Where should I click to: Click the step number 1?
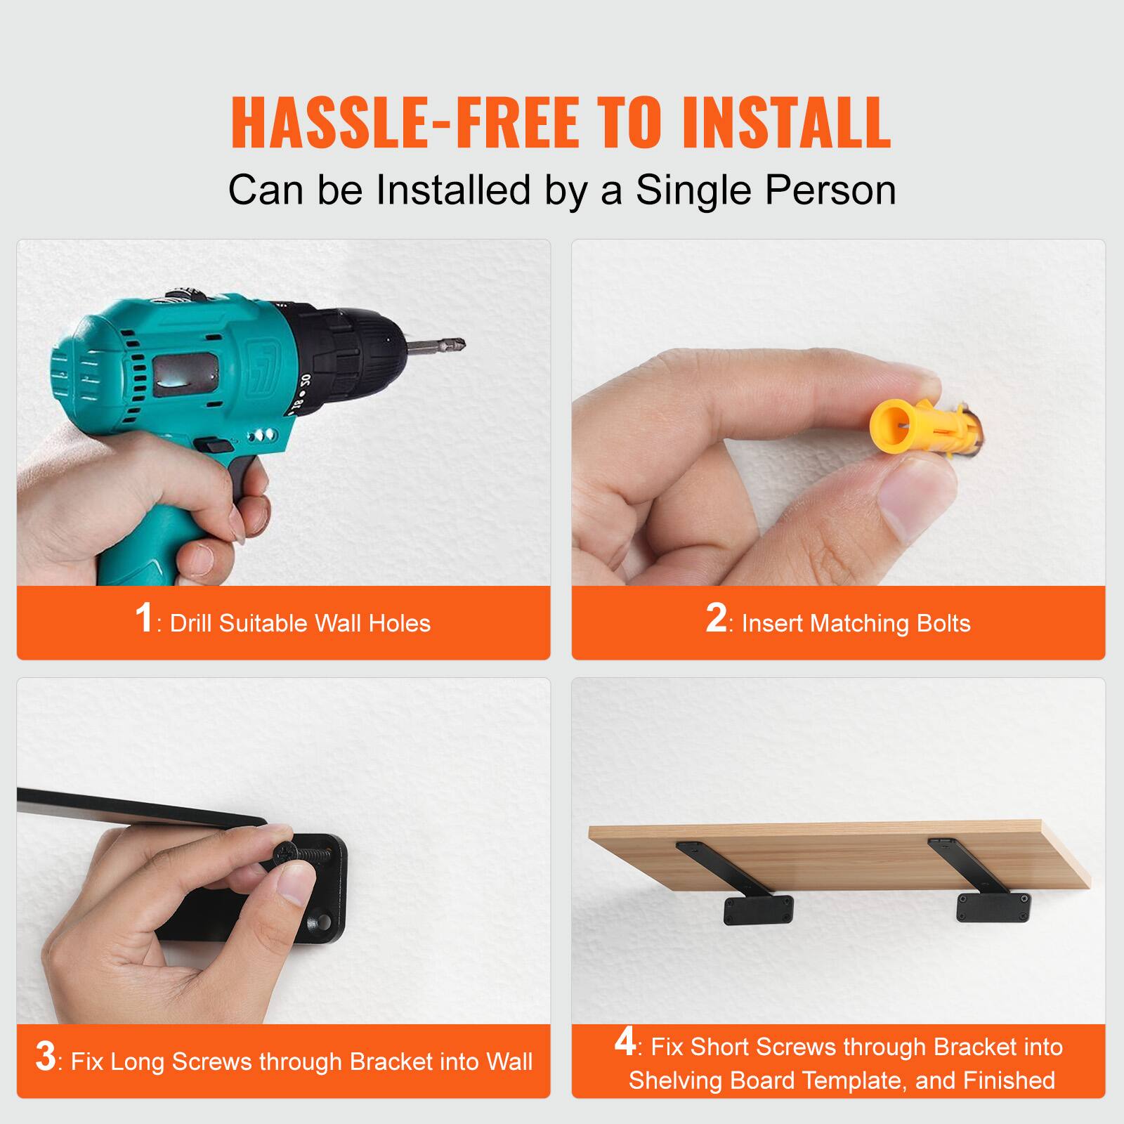pyautogui.click(x=144, y=618)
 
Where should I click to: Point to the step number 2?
pyautogui.click(x=716, y=618)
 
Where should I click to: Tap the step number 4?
pyautogui.click(x=625, y=1043)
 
